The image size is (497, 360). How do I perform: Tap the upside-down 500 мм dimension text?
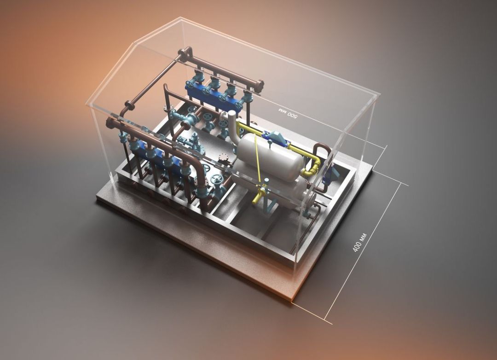point(288,113)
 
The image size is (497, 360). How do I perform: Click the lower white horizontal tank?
point(269,184)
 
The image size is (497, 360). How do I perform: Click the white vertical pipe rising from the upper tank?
point(234,127)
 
